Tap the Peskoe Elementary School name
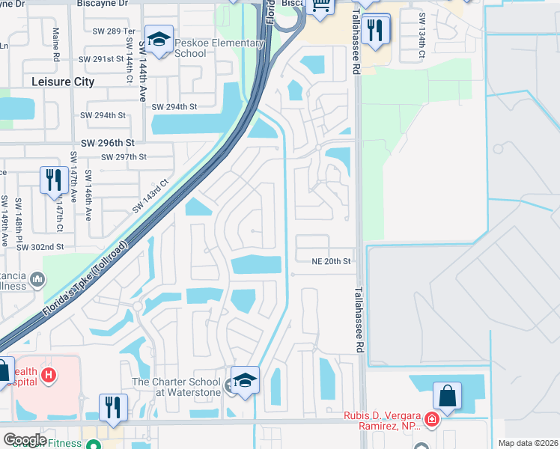tap(217, 49)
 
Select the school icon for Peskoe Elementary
tap(159, 40)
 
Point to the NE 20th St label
tap(332, 261)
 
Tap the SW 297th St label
tap(123, 157)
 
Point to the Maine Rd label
tap(56, 45)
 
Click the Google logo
tap(24, 439)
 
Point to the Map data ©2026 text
tap(528, 443)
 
